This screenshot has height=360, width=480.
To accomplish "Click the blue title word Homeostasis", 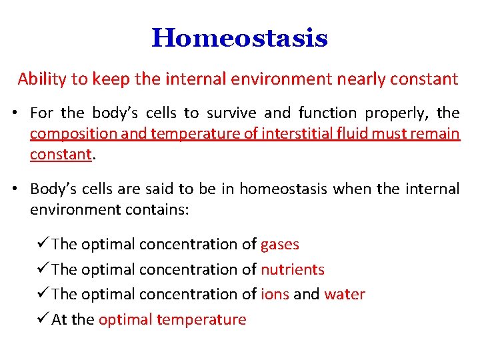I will pos(239,38).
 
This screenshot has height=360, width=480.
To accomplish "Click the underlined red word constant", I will pos(60,154).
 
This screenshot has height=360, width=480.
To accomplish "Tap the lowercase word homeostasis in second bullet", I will pos(283,189).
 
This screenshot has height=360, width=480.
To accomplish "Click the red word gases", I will pos(279,245).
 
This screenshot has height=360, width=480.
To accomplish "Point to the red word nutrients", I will pos(292,270).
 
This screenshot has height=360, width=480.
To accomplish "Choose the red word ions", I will pos(275,295).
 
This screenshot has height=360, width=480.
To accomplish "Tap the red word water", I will pos(345,295).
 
